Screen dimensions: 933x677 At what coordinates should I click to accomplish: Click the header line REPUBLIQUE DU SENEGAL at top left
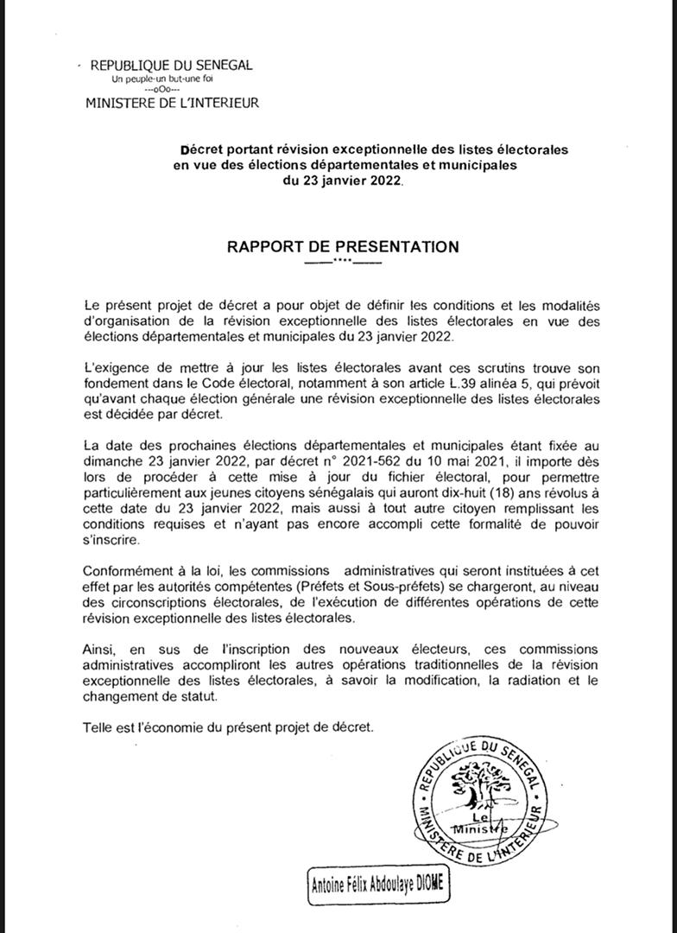[x=171, y=65]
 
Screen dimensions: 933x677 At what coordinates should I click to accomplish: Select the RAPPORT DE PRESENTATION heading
[x=343, y=247]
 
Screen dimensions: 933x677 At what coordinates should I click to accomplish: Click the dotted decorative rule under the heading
[x=343, y=262]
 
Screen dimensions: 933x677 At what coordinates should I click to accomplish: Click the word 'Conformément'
[x=125, y=571]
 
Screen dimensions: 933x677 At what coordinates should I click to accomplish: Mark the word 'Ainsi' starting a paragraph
[x=99, y=649]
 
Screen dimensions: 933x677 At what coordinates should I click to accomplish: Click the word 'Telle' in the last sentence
[x=99, y=727]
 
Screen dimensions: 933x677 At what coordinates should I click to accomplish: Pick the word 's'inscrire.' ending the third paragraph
[x=112, y=540]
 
